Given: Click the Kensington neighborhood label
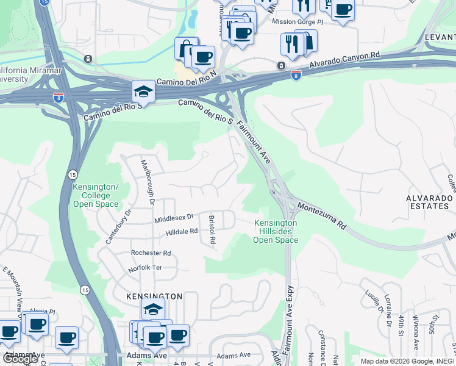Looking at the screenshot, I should [x=154, y=296].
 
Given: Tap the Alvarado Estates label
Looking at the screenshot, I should [x=430, y=203].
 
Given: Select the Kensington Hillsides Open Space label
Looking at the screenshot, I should [x=276, y=232].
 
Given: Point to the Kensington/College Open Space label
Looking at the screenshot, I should [x=91, y=195].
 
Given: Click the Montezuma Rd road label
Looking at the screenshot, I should [x=322, y=217].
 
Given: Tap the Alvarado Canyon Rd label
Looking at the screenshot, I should [x=344, y=62].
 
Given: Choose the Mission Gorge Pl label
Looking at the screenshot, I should [x=297, y=21].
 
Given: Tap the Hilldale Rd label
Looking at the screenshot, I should [x=182, y=232].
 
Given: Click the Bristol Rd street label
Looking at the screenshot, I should [x=212, y=229].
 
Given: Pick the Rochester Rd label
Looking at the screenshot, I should [x=151, y=253].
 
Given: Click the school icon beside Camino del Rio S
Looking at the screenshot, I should [x=143, y=92].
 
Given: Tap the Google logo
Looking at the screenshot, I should [x=20, y=359].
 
